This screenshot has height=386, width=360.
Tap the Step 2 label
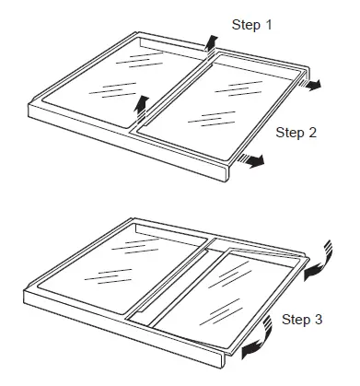[296, 133]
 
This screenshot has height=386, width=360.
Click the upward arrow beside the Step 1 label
[211, 41]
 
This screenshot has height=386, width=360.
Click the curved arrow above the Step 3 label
[319, 263]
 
